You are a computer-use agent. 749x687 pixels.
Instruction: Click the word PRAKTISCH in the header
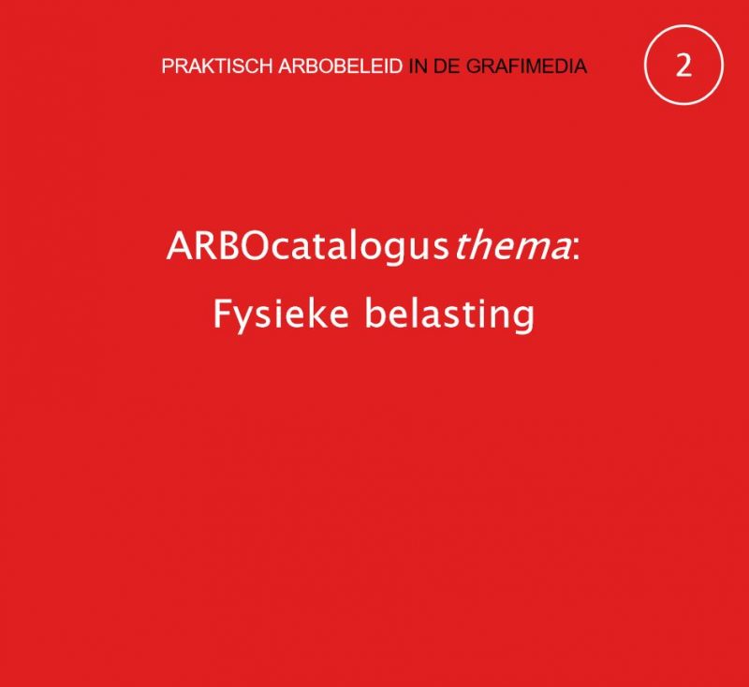tap(217, 66)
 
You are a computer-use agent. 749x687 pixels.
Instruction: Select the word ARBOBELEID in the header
tap(341, 66)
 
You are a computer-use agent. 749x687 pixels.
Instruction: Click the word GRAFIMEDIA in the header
tap(526, 66)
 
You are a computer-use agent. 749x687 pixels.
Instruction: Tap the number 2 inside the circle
tap(683, 66)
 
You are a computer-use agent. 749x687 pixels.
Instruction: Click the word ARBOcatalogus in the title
tap(306, 248)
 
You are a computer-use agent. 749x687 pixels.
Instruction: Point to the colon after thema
tap(576, 250)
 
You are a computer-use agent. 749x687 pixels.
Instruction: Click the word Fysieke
tap(280, 314)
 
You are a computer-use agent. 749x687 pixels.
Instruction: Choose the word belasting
tap(449, 314)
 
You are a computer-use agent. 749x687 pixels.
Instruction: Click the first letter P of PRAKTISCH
tap(168, 66)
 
